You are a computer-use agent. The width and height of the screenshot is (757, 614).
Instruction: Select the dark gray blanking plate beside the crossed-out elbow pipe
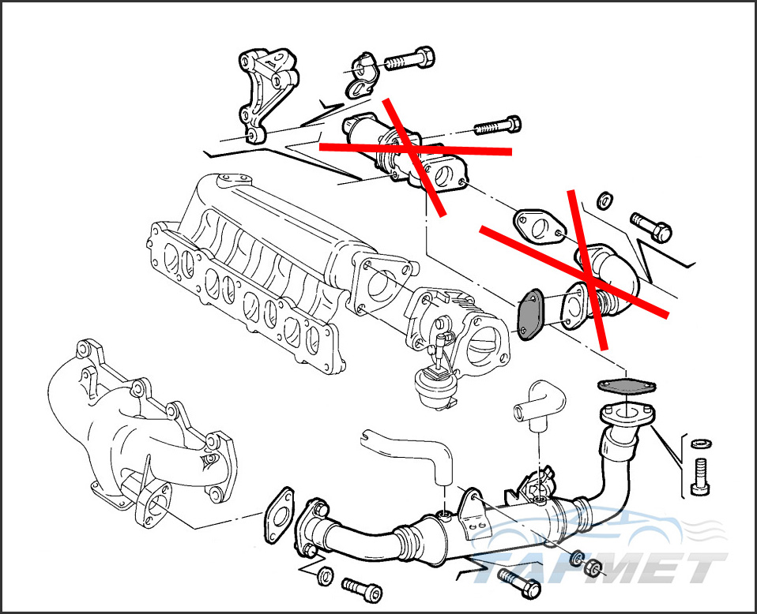[529, 314]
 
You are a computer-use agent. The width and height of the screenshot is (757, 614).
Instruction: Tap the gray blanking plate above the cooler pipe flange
[627, 385]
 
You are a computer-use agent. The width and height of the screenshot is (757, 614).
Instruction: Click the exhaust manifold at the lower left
[140, 434]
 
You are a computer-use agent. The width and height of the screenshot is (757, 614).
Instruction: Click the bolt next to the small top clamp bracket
[409, 60]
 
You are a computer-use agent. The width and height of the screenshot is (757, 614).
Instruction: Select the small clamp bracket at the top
[362, 74]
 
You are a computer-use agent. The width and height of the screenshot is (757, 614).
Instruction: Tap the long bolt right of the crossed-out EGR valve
[497, 125]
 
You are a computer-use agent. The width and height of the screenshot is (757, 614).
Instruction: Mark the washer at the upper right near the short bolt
[604, 200]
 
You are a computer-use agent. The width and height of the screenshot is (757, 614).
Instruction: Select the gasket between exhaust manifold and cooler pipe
[279, 515]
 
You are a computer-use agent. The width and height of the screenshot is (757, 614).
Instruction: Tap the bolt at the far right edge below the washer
[700, 476]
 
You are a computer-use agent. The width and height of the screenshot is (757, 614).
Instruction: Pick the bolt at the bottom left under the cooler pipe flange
[362, 589]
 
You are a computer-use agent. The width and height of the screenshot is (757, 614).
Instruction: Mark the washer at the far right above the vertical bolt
[701, 443]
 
